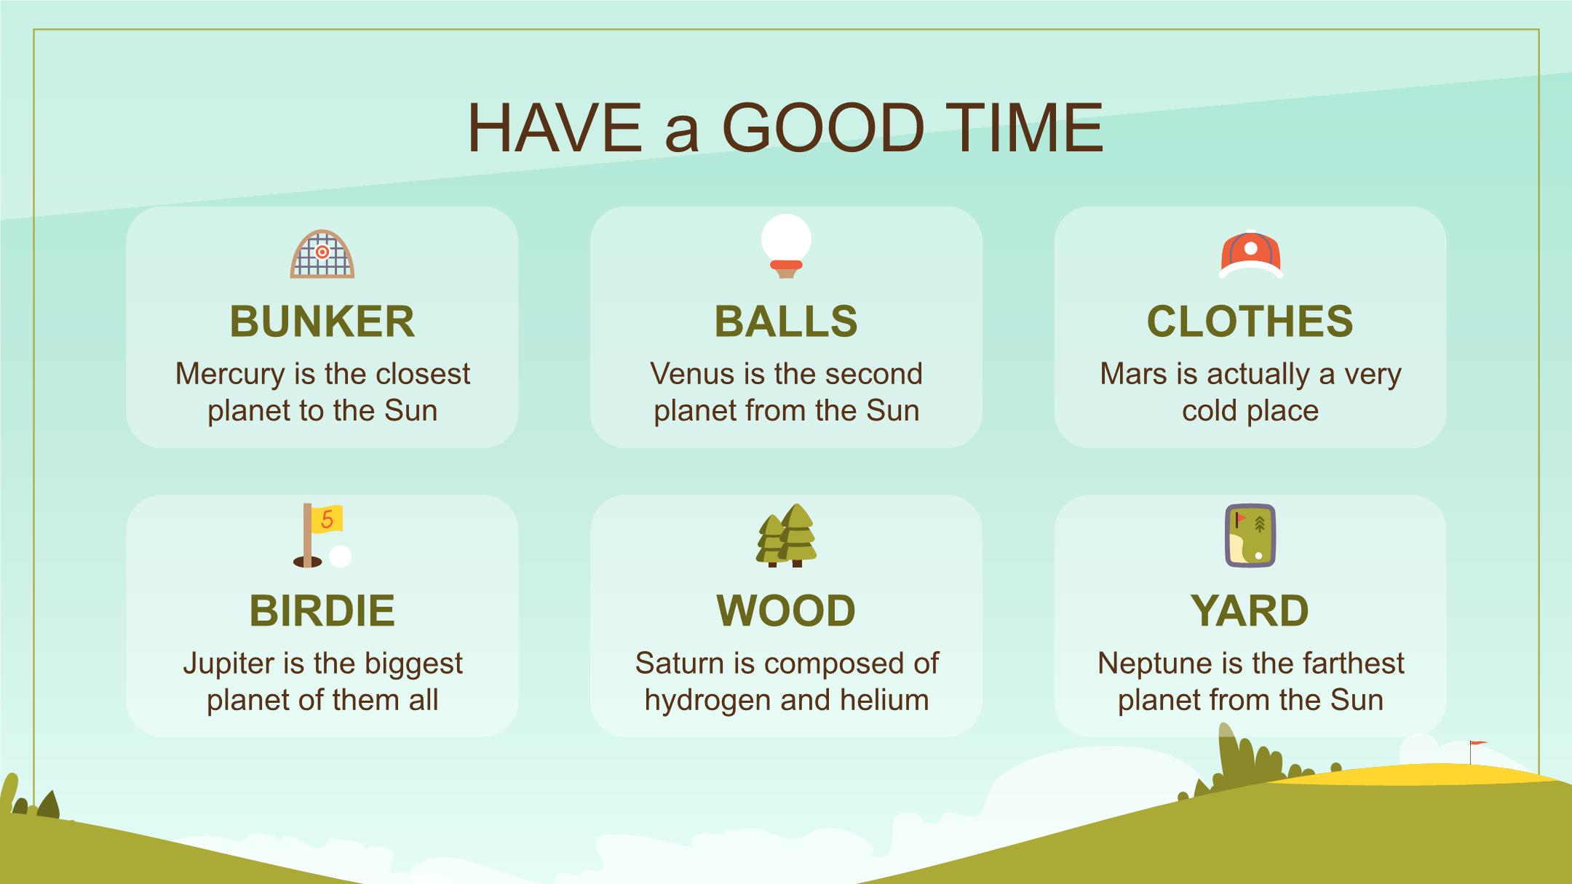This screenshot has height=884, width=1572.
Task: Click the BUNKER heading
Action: tap(322, 321)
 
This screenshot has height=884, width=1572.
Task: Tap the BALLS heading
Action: tap(786, 321)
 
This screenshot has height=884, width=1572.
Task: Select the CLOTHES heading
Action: tap(1250, 321)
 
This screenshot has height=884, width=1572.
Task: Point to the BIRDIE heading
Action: tap(322, 610)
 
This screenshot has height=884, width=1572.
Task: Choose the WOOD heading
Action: tap(786, 610)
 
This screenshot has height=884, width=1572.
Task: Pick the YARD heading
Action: tap(1250, 610)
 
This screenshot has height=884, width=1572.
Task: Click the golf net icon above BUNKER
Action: tap(322, 254)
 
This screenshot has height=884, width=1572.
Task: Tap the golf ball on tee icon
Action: tap(786, 246)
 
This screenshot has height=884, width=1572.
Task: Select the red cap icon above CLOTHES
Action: tap(1250, 254)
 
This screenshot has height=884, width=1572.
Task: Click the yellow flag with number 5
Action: tap(327, 519)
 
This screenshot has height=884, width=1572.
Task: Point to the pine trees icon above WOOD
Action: tap(787, 535)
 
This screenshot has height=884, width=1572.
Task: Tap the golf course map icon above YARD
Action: tap(1250, 535)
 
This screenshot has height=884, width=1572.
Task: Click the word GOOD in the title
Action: tap(822, 129)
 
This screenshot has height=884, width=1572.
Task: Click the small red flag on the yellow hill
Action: tap(1478, 744)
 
